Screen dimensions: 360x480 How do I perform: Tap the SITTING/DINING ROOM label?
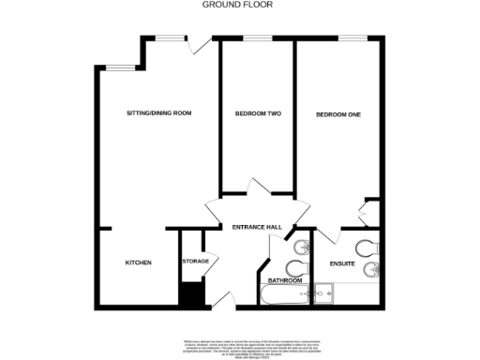point(158,113)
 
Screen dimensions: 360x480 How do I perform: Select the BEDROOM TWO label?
point(258,114)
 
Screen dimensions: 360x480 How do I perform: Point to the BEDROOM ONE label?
point(338,114)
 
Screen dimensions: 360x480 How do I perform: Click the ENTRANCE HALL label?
point(257,227)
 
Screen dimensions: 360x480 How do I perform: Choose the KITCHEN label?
point(139,262)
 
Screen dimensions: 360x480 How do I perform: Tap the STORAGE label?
point(195,262)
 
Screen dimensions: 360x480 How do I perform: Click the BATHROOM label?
point(285,280)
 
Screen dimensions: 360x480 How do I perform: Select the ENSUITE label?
point(342,264)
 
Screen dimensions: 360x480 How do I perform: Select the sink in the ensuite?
point(373,270)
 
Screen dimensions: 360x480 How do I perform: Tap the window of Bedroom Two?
point(257,38)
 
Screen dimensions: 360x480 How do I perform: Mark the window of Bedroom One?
point(351,38)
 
